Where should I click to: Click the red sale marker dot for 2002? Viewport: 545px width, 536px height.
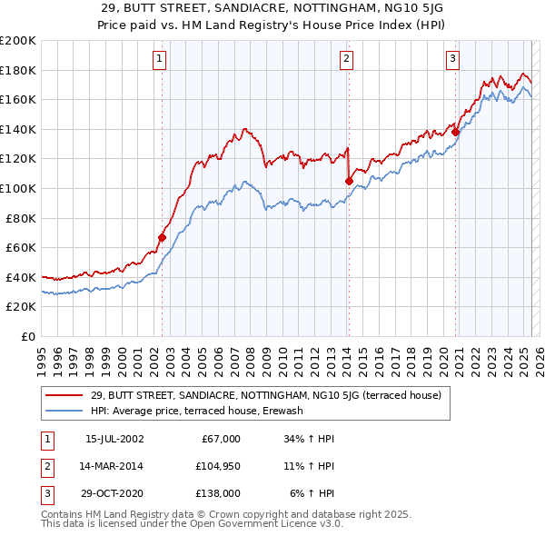point(163,238)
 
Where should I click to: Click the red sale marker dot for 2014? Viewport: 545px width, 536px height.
point(350,181)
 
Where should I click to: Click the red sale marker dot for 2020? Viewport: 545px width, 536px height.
point(456,132)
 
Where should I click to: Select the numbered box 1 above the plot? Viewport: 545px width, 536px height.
point(159,59)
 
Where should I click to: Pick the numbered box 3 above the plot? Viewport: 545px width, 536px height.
point(452,59)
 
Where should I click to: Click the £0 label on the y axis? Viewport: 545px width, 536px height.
point(27,336)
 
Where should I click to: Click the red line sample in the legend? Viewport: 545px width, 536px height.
point(64,395)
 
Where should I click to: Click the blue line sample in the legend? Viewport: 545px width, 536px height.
point(64,411)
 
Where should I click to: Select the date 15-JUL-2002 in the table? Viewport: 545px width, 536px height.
point(114,439)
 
